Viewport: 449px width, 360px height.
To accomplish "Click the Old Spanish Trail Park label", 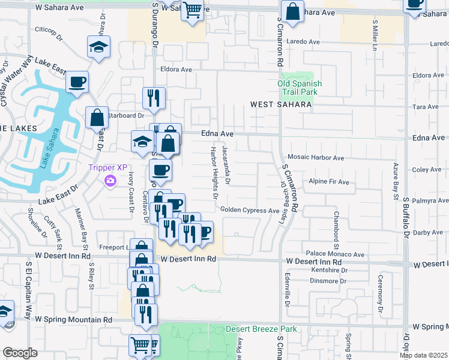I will click(x=300, y=88).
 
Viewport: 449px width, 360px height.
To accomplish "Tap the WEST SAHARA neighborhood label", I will click(x=281, y=104).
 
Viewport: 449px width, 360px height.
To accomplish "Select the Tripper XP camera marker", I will click(x=110, y=181).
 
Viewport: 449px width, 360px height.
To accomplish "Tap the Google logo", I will click(x=20, y=353).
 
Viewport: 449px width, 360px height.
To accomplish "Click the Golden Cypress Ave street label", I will click(x=250, y=210).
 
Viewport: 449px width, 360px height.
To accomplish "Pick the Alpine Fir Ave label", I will click(x=328, y=181).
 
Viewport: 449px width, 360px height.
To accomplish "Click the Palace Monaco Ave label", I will click(x=335, y=254).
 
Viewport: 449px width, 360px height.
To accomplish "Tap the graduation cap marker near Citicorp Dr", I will click(x=98, y=47).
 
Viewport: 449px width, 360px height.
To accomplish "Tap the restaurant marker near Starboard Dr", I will click(x=154, y=98).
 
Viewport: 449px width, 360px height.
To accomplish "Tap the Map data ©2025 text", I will click(x=424, y=355).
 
